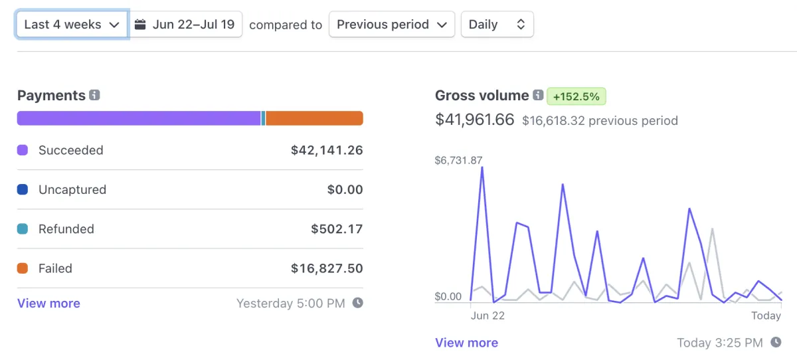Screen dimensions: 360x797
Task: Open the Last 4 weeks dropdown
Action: coord(72,25)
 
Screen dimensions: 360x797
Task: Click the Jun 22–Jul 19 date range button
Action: coord(185,25)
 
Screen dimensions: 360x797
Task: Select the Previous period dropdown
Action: coord(391,25)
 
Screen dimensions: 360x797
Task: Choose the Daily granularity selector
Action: coord(497,25)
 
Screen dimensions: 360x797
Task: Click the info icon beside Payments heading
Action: coord(94,96)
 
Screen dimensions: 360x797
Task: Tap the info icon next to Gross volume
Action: coord(538,96)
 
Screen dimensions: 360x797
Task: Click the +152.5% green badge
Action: coord(576,96)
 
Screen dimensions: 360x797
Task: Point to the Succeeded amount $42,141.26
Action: coord(327,150)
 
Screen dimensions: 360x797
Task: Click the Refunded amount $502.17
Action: coord(337,229)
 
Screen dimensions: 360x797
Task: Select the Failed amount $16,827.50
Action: coord(327,268)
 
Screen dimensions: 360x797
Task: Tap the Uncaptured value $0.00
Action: coord(345,189)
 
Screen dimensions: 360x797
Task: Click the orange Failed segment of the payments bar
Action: coord(314,118)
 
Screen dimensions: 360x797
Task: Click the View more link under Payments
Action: coord(48,304)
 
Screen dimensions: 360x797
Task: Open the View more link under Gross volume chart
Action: coord(466,343)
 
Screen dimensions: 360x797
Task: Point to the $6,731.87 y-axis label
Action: coord(458,160)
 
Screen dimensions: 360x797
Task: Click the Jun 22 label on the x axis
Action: coord(487,315)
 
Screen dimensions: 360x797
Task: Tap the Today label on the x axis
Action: coord(766,315)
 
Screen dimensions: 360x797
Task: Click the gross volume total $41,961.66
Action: coord(474,120)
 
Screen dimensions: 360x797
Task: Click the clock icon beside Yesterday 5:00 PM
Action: coord(357,303)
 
